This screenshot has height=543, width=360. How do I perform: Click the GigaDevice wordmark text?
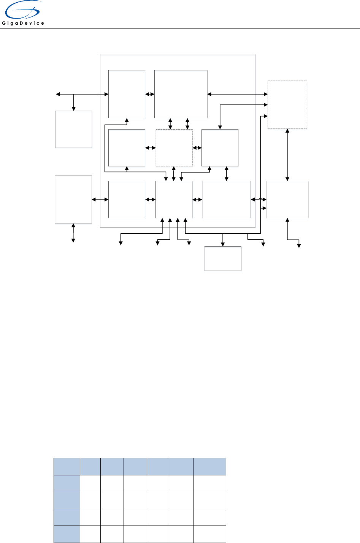click(x=23, y=23)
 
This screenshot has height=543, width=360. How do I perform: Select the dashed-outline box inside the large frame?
click(x=174, y=148)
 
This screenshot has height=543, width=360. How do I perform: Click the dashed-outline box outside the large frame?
click(x=287, y=104)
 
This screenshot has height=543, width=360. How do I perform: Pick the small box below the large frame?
click(x=223, y=259)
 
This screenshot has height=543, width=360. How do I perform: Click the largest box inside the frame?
click(x=181, y=94)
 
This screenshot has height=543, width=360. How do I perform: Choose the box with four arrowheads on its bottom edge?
click(x=174, y=199)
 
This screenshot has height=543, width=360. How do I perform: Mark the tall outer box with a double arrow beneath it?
click(x=73, y=199)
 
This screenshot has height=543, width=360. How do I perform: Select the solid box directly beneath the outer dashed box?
click(x=287, y=199)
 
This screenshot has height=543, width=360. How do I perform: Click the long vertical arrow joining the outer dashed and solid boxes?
click(x=287, y=155)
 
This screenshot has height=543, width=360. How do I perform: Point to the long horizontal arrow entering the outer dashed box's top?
click(x=238, y=94)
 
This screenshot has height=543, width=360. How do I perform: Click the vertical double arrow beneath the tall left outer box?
click(x=73, y=233)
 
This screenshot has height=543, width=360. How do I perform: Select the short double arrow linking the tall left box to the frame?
click(x=100, y=199)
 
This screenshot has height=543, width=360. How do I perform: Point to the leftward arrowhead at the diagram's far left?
click(x=57, y=94)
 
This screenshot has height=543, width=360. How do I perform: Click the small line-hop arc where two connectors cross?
click(x=260, y=198)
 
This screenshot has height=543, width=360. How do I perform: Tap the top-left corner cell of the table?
click(x=67, y=467)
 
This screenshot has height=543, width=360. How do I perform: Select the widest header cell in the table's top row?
click(x=210, y=467)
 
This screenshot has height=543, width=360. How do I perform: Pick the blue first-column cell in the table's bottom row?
click(x=67, y=534)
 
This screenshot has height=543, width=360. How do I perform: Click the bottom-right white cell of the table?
click(x=210, y=534)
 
